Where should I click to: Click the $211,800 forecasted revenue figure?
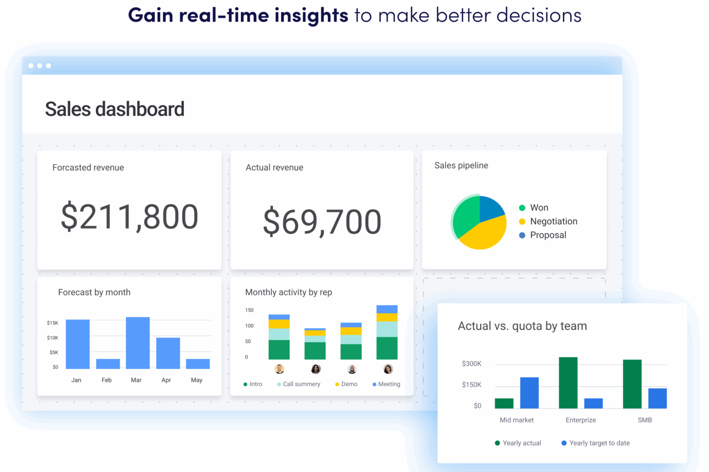click(x=129, y=217)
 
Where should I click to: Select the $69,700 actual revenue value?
click(x=322, y=222)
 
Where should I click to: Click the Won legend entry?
click(x=538, y=208)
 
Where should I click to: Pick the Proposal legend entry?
click(x=548, y=235)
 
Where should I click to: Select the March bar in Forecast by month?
click(x=137, y=343)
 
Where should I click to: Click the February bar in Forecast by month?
click(x=108, y=364)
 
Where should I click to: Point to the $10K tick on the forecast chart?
click(x=53, y=338)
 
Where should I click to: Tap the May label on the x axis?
click(x=196, y=380)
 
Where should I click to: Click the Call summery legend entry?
click(x=301, y=384)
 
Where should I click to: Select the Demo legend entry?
click(x=349, y=384)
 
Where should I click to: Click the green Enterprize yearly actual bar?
click(x=568, y=382)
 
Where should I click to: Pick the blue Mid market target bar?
click(x=529, y=393)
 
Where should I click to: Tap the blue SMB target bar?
click(x=657, y=398)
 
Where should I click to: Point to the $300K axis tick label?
click(x=471, y=364)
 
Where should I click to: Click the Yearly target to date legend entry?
click(x=599, y=443)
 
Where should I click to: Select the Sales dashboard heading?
click(x=114, y=109)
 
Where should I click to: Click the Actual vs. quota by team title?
click(x=522, y=326)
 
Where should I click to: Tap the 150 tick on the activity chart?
click(x=249, y=310)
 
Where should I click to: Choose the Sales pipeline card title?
click(x=461, y=166)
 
